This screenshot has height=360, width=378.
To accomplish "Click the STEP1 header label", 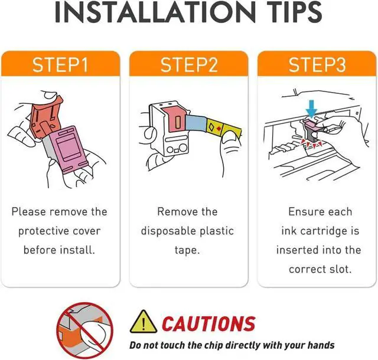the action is coord(60,64).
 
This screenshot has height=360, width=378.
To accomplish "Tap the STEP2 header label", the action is coord(189,64).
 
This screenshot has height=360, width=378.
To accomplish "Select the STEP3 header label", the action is coord(317,64).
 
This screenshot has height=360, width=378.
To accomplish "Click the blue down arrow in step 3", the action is coord(311,109).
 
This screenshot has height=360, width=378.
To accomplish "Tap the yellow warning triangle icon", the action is coord(143,322).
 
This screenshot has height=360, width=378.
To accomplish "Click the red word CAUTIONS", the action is coord(208,323).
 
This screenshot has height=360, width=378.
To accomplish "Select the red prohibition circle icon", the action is coord(85,330).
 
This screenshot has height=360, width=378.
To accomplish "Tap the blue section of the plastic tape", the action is coord(196,123).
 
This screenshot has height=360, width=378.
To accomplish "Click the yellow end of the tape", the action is coord(224,129).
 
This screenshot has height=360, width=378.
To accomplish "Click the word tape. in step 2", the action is coord(187,250).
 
